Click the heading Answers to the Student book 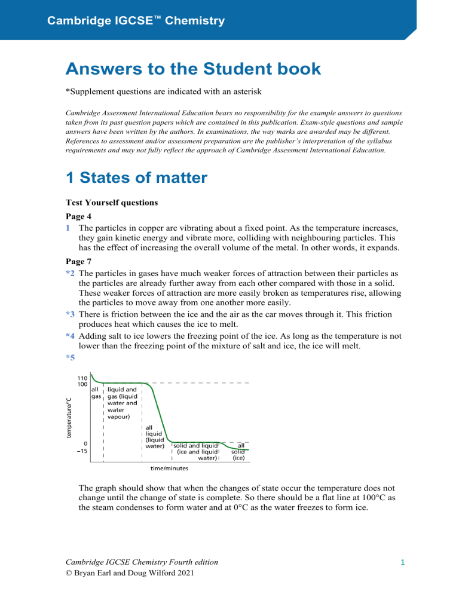coord(192,69)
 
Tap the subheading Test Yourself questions coord(111,203)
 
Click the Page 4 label coord(79,217)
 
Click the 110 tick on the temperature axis coord(82,378)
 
